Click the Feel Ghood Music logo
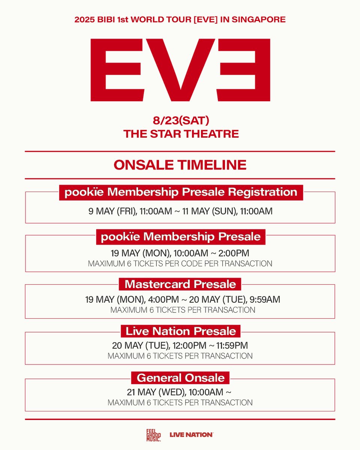(x=153, y=435)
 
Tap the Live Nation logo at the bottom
(x=191, y=435)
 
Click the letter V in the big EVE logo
(x=180, y=70)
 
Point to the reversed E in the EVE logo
(x=243, y=70)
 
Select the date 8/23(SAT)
(x=181, y=121)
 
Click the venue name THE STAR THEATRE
(x=181, y=134)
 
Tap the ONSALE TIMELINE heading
(x=180, y=165)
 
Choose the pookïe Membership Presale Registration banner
(x=181, y=192)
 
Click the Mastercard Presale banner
(x=180, y=284)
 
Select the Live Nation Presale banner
(x=180, y=331)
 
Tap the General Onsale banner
(x=180, y=378)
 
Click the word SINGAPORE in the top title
(x=258, y=19)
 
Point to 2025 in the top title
(x=84, y=19)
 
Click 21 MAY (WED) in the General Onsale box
(x=156, y=392)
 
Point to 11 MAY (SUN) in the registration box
(x=210, y=211)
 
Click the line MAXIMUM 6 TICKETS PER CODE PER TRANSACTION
(x=180, y=264)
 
